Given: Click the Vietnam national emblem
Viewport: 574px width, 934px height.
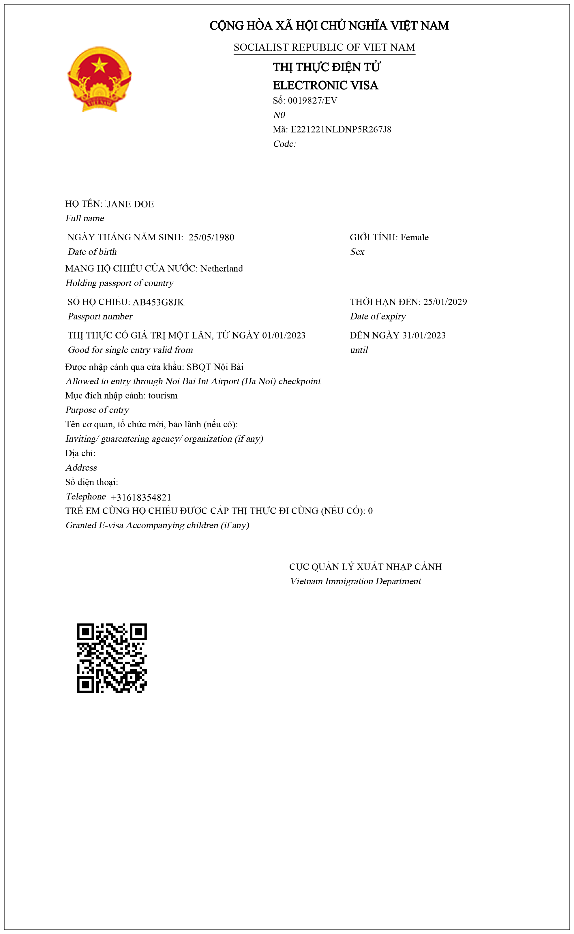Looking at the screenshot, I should (100, 79).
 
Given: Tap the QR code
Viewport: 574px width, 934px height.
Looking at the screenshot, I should (112, 658).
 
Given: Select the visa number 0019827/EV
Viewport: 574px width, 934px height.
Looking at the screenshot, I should (312, 101).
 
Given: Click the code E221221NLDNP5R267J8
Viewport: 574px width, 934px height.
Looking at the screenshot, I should (341, 130).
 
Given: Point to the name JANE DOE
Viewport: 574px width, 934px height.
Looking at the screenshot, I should (131, 204).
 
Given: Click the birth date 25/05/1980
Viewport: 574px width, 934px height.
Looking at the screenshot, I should (211, 237).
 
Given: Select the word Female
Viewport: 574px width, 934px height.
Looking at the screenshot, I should (414, 237).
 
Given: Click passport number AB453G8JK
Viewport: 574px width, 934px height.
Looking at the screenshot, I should (158, 302).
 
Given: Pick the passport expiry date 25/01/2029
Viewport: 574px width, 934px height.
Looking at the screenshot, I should (445, 302).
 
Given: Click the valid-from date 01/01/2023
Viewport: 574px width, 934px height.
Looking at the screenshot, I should (284, 335).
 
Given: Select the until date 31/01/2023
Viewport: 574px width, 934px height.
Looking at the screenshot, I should (424, 335).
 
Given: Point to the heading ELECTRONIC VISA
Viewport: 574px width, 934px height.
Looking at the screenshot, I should (325, 85).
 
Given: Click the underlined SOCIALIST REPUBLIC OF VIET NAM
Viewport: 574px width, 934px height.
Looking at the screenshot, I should (324, 47).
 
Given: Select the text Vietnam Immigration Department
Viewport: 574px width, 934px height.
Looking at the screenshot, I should (355, 581).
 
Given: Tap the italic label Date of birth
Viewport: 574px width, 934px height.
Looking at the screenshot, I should (92, 252).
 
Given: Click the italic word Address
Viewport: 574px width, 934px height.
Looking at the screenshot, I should (81, 468).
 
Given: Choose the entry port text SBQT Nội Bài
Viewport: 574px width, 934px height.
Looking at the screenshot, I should (215, 367).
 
